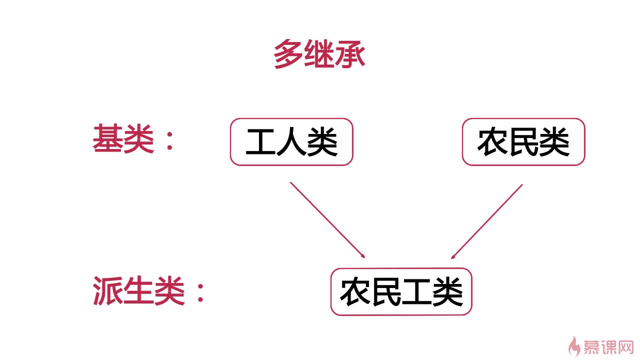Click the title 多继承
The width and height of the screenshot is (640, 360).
[319, 54]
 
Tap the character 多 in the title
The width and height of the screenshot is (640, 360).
[288, 54]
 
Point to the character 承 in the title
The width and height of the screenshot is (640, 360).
[350, 54]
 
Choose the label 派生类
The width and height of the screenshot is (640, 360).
[138, 291]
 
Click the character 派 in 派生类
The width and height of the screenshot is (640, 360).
[107, 291]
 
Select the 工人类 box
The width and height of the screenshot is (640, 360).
[291, 142]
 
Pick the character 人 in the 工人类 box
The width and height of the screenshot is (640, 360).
[291, 142]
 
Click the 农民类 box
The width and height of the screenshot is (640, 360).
[523, 142]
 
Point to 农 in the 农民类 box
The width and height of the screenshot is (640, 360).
[492, 142]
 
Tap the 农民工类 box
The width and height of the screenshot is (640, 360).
[401, 292]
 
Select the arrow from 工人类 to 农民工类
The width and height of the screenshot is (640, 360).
[327, 220]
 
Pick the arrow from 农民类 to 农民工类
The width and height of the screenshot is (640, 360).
[487, 221]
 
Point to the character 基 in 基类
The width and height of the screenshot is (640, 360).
[107, 138]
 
